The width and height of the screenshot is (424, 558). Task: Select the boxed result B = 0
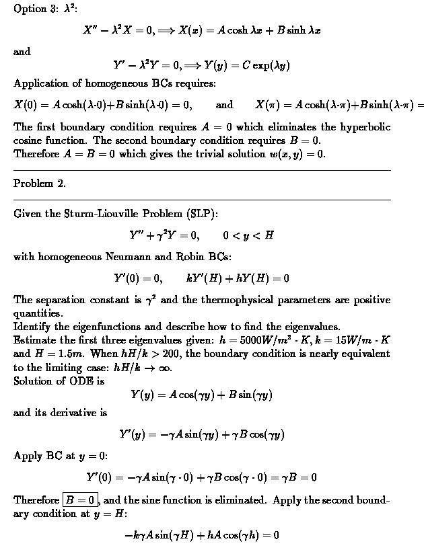(x=81, y=500)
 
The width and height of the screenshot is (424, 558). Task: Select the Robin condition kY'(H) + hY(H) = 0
(x=238, y=278)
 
